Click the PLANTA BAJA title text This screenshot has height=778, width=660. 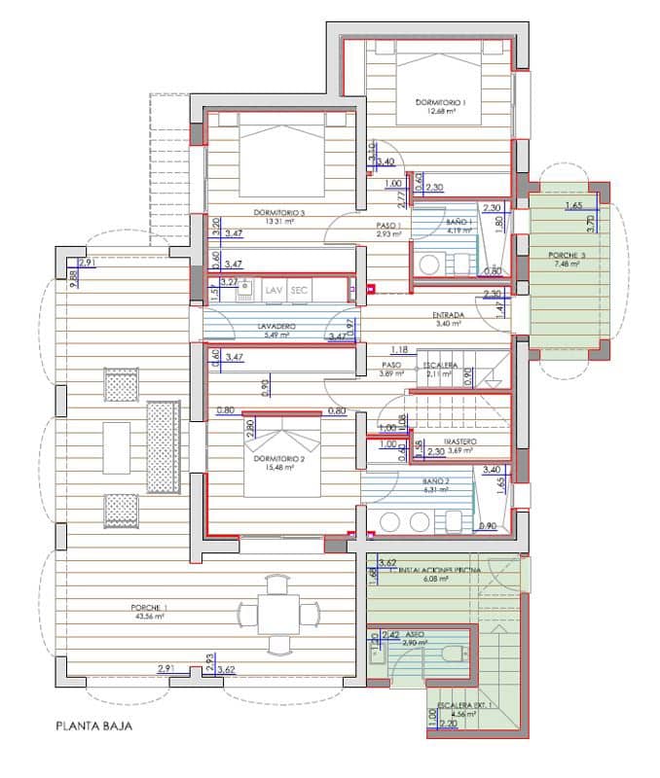[x=93, y=725]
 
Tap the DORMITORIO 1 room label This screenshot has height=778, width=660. [x=440, y=102]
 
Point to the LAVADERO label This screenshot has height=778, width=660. [x=276, y=327]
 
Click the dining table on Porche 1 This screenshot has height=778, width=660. [x=277, y=614]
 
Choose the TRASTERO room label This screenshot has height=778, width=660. [x=458, y=440]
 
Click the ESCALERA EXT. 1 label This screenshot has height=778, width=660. [x=463, y=703]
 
